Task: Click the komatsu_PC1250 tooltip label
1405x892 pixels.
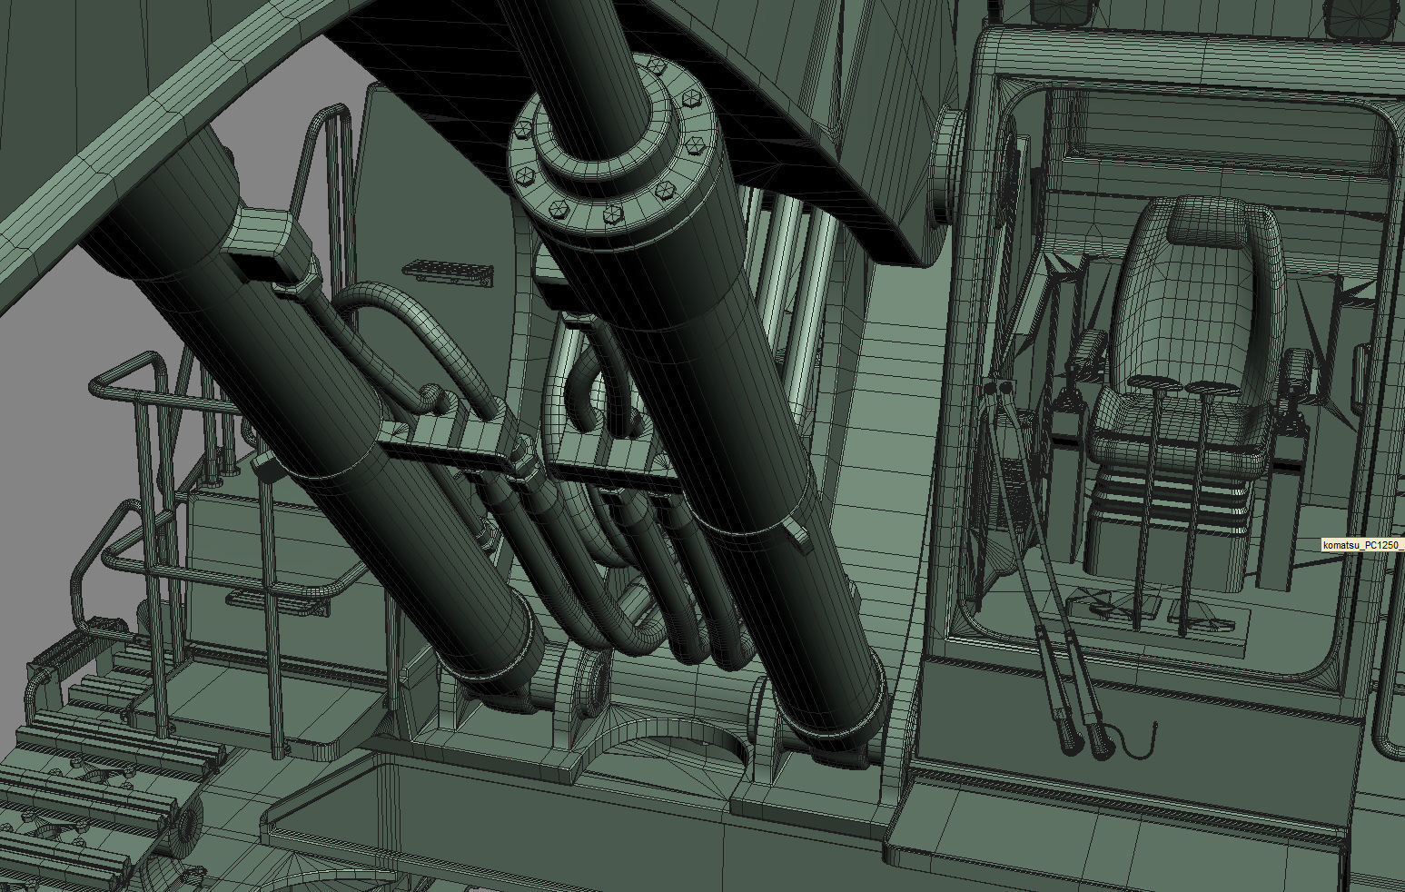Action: [1362, 544]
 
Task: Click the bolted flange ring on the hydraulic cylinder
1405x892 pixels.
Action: [606, 141]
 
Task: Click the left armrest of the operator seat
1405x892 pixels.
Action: [1088, 352]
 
